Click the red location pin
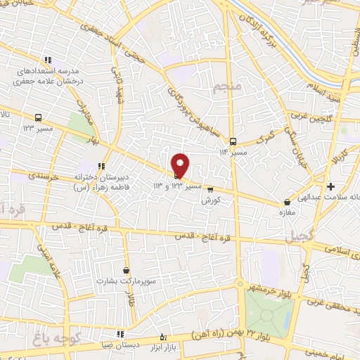pyautogui.click(x=181, y=165)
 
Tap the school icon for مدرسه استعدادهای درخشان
pyautogui.click(x=48, y=60)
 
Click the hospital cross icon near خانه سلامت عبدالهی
pyautogui.click(x=330, y=186)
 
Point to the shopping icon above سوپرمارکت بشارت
pyautogui.click(x=126, y=270)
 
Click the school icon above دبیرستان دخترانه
pyautogui.click(x=102, y=167)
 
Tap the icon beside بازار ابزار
pyautogui.click(x=163, y=335)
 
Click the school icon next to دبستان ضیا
pyautogui.click(x=120, y=333)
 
